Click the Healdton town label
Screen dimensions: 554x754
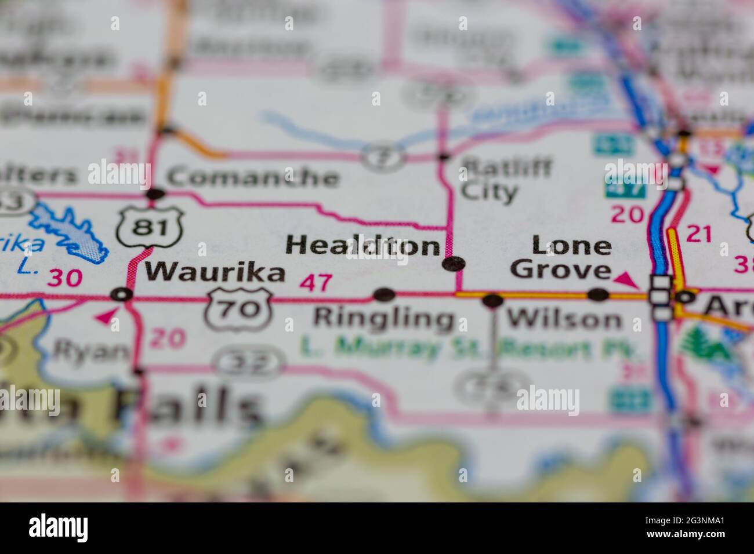[362, 246]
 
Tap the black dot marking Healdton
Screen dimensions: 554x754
[453, 264]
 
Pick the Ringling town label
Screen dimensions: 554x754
[383, 318]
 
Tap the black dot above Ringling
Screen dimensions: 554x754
[383, 295]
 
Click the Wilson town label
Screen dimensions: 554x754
[564, 319]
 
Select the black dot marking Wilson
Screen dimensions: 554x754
[492, 300]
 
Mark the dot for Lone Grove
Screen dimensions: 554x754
[598, 295]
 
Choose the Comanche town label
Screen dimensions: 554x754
[252, 177]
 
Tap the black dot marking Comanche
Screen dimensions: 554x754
[155, 194]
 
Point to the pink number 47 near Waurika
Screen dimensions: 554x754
[316, 283]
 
